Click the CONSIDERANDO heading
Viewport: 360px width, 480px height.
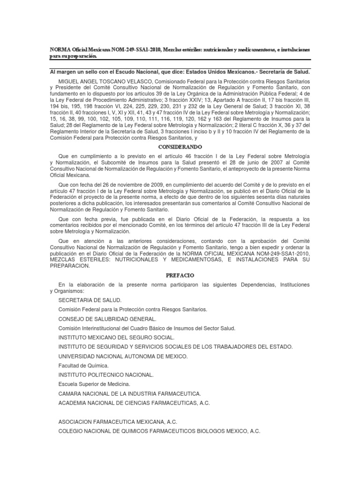pos(180,147)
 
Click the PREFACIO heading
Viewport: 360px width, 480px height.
pos(180,275)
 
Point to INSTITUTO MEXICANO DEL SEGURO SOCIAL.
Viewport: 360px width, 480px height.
pos(117,337)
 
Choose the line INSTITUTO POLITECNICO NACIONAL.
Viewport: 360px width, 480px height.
pos(106,375)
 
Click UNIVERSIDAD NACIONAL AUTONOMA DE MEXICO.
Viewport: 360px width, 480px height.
pos(123,356)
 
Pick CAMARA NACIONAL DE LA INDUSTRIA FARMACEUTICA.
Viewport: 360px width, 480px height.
pos(130,394)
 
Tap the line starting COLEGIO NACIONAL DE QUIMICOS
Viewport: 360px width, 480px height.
pos(159,431)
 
